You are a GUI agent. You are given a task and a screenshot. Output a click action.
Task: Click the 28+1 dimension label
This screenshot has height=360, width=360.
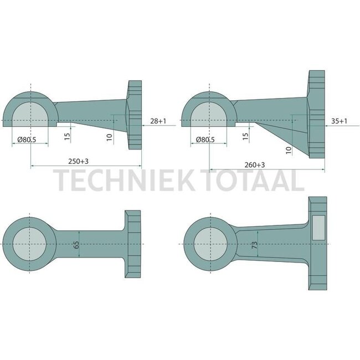[x=157, y=120]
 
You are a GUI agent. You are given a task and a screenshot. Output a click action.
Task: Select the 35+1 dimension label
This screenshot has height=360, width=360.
[x=339, y=120]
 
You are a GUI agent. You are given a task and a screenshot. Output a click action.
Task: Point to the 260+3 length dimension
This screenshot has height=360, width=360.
[x=254, y=165]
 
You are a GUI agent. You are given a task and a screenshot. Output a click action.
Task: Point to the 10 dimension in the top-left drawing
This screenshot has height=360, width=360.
[x=110, y=136]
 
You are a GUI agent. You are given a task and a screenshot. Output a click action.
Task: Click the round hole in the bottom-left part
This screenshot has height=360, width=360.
[x=30, y=244]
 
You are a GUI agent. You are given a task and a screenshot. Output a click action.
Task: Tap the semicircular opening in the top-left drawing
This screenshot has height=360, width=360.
[x=31, y=113]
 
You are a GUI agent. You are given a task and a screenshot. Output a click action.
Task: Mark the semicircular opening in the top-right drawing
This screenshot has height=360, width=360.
[x=209, y=113]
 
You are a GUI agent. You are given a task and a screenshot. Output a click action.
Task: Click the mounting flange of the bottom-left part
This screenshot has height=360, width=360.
[x=133, y=244]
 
